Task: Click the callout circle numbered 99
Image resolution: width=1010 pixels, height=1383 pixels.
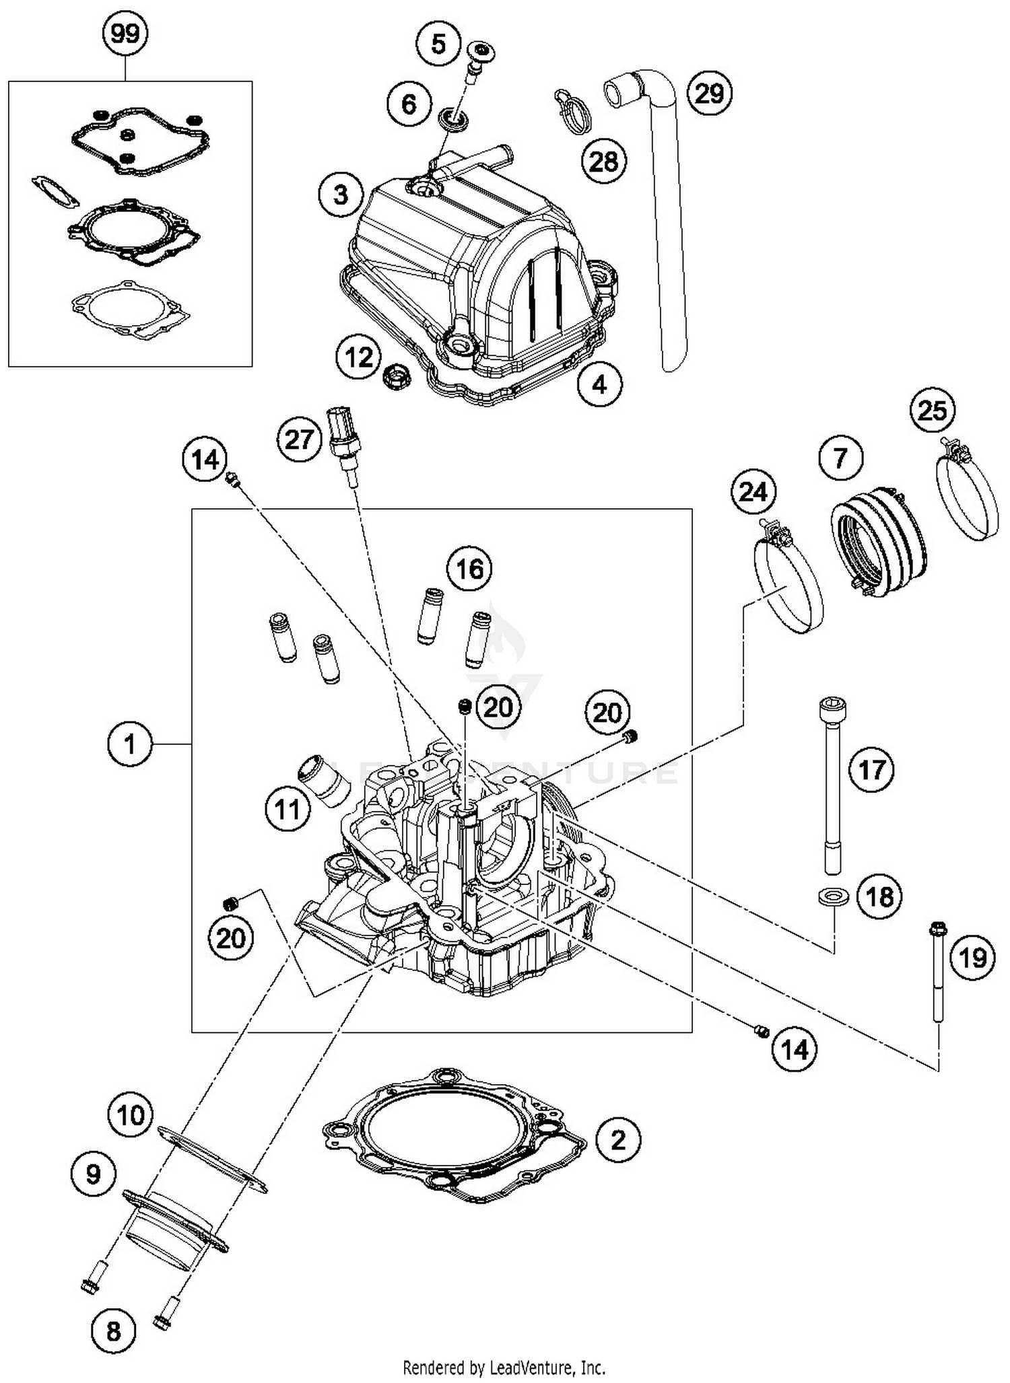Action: point(125,34)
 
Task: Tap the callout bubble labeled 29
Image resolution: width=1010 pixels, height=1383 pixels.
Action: point(709,93)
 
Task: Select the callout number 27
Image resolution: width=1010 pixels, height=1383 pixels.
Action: point(299,439)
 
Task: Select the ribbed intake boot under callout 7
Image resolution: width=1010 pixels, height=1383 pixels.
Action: point(878,542)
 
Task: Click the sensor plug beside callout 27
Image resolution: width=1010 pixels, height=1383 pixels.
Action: point(343,437)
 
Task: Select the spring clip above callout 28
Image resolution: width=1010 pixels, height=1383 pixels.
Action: point(573,108)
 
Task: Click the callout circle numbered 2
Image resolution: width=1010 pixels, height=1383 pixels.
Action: point(617,1139)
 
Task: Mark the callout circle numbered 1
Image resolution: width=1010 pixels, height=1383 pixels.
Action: point(129,744)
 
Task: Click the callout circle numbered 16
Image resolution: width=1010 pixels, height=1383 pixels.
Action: point(469,569)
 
